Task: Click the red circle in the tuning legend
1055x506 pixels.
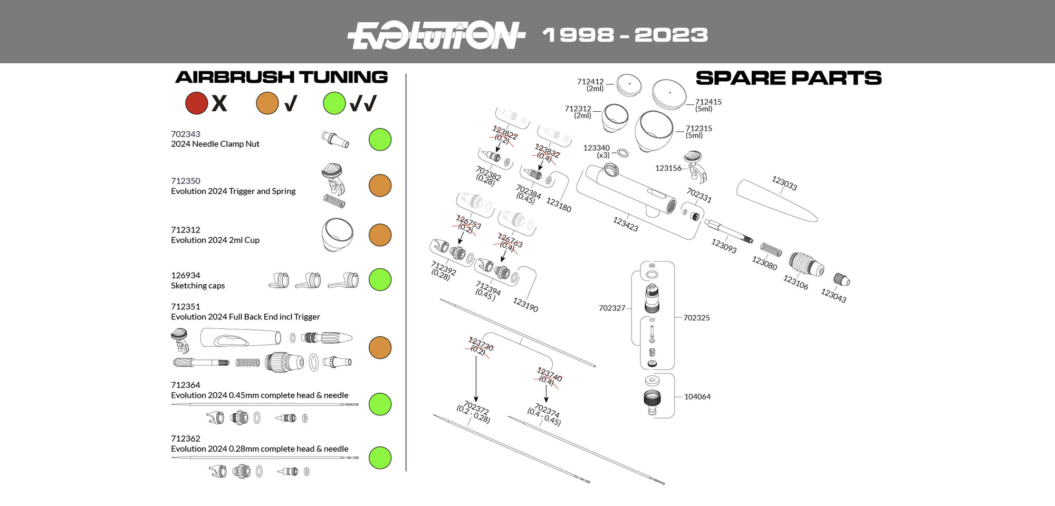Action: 196,103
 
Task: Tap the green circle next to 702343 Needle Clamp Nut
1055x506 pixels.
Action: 380,140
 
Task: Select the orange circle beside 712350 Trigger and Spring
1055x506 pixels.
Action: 380,186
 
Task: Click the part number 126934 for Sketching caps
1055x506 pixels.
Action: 186,275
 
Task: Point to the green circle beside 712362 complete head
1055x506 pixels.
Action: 380,458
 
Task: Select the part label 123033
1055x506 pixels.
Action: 784,183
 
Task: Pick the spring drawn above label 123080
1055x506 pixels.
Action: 771,249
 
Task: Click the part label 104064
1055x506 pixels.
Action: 697,396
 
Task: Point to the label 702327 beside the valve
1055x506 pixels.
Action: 612,308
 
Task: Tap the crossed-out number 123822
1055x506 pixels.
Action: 504,132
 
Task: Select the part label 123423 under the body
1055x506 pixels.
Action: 625,224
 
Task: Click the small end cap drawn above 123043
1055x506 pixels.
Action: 841,279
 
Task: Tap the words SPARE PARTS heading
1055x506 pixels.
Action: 788,78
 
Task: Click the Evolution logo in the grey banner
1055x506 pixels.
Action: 436,35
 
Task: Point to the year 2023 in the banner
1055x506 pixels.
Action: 670,35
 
